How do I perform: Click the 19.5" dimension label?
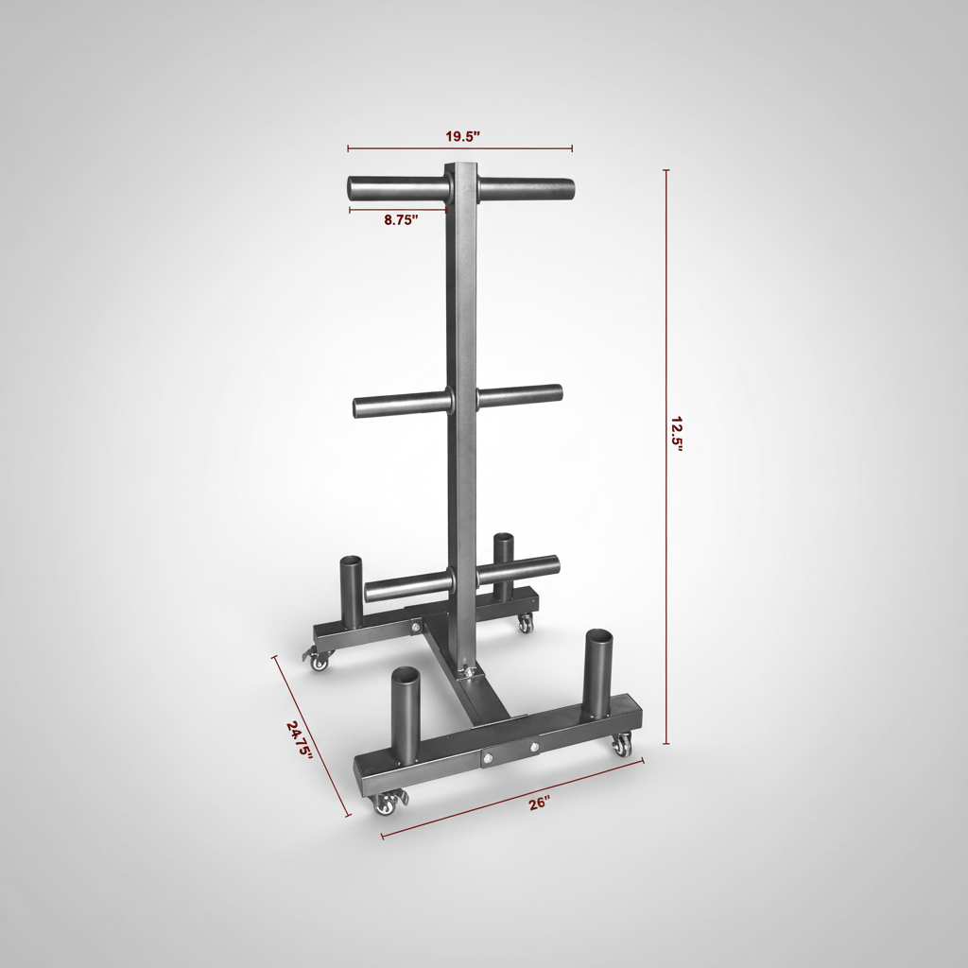pyautogui.click(x=462, y=135)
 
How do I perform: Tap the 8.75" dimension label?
pyautogui.click(x=401, y=219)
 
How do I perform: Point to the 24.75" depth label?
pyautogui.click(x=299, y=740)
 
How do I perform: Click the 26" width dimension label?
pyautogui.click(x=539, y=804)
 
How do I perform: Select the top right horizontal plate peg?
pyautogui.click(x=526, y=186)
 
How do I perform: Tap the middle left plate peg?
pyautogui.click(x=401, y=406)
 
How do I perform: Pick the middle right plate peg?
pyautogui.click(x=520, y=395)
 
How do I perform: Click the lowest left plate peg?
pyautogui.click(x=406, y=587)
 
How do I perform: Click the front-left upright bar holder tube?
pyautogui.click(x=405, y=716)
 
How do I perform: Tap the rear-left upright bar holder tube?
pyautogui.click(x=351, y=593)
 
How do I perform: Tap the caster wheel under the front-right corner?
pyautogui.click(x=622, y=746)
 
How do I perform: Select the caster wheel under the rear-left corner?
pyautogui.click(x=320, y=663)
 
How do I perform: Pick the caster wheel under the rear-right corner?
pyautogui.click(x=525, y=624)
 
